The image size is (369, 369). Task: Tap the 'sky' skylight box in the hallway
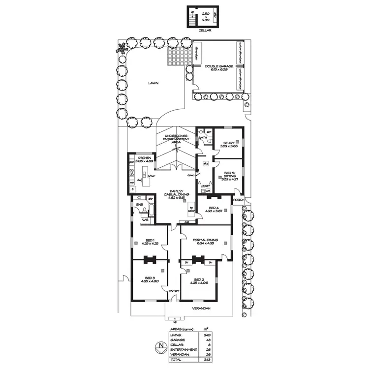click(205, 163)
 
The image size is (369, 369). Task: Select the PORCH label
click(239, 200)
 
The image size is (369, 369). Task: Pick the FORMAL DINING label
click(205, 241)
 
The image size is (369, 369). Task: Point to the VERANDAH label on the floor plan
click(201, 308)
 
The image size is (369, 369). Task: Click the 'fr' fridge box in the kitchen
click(132, 189)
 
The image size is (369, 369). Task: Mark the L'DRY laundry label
click(205, 185)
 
